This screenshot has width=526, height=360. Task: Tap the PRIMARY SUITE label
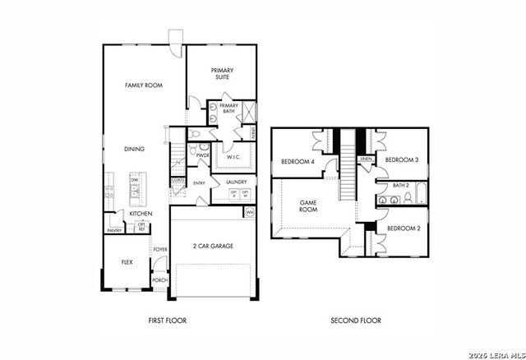click(222, 74)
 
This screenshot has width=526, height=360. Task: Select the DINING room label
click(134, 150)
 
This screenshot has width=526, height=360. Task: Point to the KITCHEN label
click(141, 214)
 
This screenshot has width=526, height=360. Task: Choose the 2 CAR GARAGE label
click(214, 246)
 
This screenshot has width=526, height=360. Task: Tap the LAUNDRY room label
click(236, 182)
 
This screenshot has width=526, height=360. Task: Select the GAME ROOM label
click(307, 205)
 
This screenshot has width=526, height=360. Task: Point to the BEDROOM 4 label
click(298, 162)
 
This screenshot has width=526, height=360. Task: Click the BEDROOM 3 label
click(402, 159)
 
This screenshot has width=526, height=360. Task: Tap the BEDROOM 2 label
click(403, 228)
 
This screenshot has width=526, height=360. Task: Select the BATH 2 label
click(400, 186)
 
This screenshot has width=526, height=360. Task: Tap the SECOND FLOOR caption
click(355, 320)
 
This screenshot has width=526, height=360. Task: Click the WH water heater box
click(250, 212)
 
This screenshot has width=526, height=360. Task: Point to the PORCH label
click(159, 280)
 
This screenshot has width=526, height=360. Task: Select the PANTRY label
click(114, 231)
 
